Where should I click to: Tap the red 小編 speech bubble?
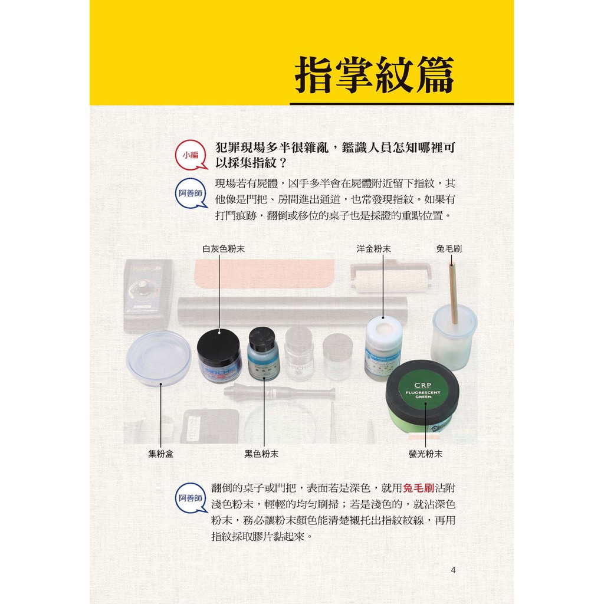click(x=191, y=155)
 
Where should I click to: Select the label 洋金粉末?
click(x=373, y=249)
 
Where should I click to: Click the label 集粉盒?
click(x=160, y=454)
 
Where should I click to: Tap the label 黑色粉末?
click(x=261, y=454)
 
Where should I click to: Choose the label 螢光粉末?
click(x=425, y=454)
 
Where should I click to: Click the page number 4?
click(x=453, y=570)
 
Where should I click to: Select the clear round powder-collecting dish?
click(x=158, y=357)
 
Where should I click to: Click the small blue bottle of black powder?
click(x=263, y=354)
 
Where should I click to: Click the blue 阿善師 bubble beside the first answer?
click(x=191, y=193)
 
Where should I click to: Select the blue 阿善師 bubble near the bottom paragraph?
click(x=191, y=498)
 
